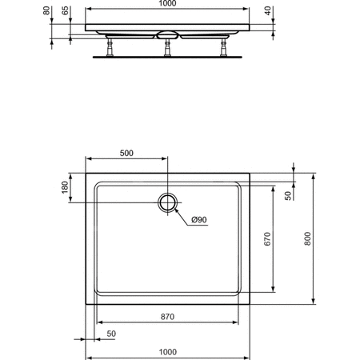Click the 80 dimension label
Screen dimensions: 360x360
click(x=46, y=10)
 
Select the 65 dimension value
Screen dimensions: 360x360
click(x=65, y=10)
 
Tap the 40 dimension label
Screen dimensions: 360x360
click(x=267, y=10)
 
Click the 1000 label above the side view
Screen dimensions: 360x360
click(x=167, y=3)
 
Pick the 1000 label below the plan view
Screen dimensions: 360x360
click(x=168, y=352)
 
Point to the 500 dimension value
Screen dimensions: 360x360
click(x=126, y=153)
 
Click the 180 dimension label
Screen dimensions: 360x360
click(x=65, y=187)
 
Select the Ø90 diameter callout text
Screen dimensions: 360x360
click(x=199, y=220)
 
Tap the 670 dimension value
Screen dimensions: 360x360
click(x=267, y=239)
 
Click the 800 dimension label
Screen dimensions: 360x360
click(x=307, y=238)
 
